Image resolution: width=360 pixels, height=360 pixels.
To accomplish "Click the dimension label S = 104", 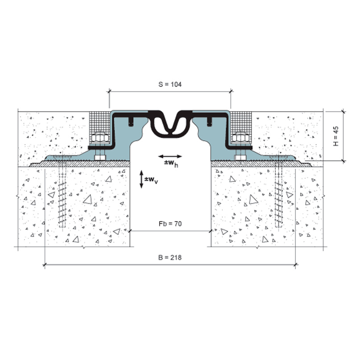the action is [170, 85].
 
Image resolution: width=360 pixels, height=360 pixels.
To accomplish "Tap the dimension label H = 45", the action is [335, 136].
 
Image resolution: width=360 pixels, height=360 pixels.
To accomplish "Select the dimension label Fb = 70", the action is [170, 224].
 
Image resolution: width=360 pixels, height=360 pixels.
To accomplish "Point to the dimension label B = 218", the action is [170, 258].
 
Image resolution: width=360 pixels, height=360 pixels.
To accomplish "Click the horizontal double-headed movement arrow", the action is [170, 156].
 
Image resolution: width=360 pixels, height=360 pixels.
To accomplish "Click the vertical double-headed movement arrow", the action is [141, 179].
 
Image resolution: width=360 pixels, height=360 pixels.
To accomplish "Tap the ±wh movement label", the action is [171, 164].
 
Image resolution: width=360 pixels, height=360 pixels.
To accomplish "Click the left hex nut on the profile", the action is [100, 138].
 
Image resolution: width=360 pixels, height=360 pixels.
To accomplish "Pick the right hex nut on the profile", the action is [241, 138].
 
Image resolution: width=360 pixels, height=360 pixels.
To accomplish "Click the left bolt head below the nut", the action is [100, 158].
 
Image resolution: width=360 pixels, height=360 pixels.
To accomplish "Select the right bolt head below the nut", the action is [240, 158].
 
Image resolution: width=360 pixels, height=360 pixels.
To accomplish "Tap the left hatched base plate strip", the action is [80, 164].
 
